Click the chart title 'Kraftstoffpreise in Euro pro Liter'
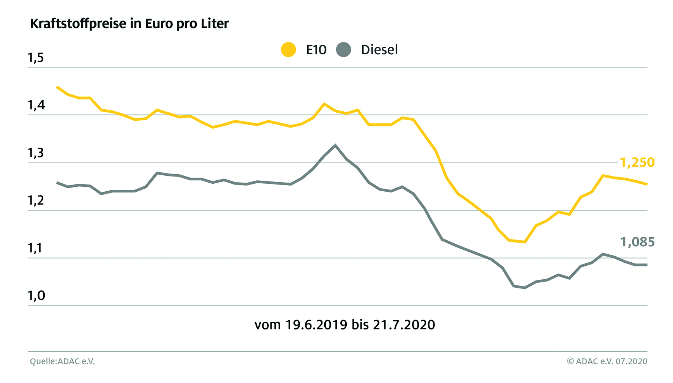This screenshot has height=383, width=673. click(129, 24)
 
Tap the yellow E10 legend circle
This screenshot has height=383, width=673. click(288, 50)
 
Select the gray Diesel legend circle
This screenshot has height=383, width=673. click(343, 50)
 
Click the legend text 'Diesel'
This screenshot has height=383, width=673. click(379, 50)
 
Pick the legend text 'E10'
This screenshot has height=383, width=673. click(316, 50)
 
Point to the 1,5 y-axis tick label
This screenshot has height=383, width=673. click(36, 58)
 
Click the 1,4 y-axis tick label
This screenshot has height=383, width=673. click(36, 105)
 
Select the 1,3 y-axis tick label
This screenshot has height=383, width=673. click(36, 153)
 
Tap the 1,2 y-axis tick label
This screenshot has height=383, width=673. click(36, 200)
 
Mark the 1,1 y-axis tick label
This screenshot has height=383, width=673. click(36, 248)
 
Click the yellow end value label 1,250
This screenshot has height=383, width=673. click(637, 162)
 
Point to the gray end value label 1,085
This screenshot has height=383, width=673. click(637, 242)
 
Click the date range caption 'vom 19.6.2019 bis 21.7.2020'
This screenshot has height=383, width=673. click(344, 325)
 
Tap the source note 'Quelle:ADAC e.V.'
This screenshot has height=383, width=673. click(62, 361)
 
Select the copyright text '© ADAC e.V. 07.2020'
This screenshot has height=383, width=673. click(607, 361)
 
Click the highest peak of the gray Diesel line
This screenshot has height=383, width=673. click(335, 145)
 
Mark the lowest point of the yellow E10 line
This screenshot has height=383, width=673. click(525, 242)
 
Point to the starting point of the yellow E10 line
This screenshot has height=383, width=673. click(57, 87)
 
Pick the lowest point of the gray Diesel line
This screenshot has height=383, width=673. click(525, 288)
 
